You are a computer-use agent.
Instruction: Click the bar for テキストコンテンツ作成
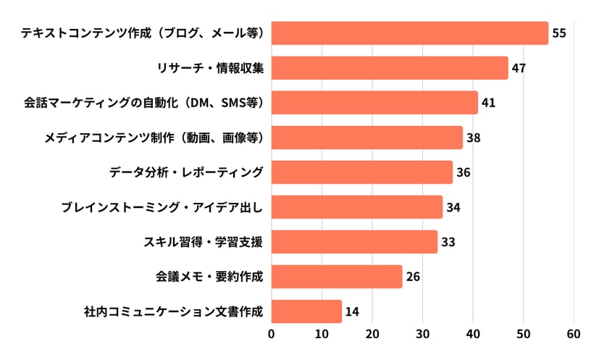[x=409, y=33]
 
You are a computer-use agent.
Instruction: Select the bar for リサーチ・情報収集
[x=390, y=68]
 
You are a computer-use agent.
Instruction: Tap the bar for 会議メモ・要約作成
[x=337, y=277]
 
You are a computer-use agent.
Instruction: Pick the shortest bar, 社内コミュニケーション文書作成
[x=306, y=311]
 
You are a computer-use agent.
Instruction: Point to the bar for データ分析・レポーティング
[x=361, y=172]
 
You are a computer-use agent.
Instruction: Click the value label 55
[x=559, y=33]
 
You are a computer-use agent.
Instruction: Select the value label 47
[x=518, y=68]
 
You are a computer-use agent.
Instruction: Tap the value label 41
[x=488, y=103]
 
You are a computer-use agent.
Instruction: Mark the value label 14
[x=352, y=311]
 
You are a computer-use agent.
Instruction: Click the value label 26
[x=413, y=277]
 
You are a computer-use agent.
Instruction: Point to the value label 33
[x=448, y=242]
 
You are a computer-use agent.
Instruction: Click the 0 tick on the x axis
[x=272, y=334]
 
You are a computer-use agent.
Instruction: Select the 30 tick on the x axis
[x=423, y=334]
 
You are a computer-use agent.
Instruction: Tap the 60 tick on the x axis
[x=574, y=334]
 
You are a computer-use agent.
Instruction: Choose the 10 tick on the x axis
[x=322, y=334]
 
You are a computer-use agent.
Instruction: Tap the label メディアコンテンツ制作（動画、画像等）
[x=153, y=138]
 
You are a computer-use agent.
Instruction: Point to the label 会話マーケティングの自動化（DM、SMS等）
[x=143, y=103]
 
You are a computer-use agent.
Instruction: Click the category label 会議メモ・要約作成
[x=209, y=277]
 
